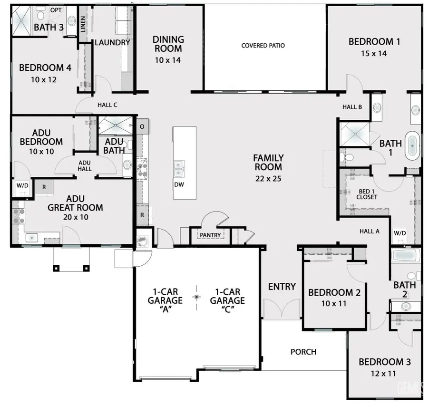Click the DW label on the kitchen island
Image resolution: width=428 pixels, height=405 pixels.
tap(179, 184)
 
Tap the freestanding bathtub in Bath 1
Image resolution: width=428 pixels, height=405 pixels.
tap(412, 148)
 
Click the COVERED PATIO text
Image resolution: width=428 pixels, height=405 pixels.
tap(263, 46)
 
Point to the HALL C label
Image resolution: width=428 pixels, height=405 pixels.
tap(107, 105)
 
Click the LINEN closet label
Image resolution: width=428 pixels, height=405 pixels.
tap(84, 24)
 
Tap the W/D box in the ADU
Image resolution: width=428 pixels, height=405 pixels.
tap(22, 185)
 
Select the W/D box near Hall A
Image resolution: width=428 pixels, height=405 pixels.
tap(400, 233)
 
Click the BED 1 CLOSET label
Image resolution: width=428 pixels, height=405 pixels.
tap(367, 194)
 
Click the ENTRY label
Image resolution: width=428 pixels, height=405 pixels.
tap(282, 287)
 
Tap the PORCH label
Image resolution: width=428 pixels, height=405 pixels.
tap(303, 352)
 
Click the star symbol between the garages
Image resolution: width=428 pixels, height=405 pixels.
tap(196, 297)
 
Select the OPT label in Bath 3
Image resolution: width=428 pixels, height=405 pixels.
tap(55, 10)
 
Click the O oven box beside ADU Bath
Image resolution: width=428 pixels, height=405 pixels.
tap(142, 126)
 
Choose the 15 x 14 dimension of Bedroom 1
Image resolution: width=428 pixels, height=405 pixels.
tap(374, 53)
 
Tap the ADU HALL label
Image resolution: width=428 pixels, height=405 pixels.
tap(85, 165)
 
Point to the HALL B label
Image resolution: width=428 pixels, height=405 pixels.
tap(352, 107)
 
